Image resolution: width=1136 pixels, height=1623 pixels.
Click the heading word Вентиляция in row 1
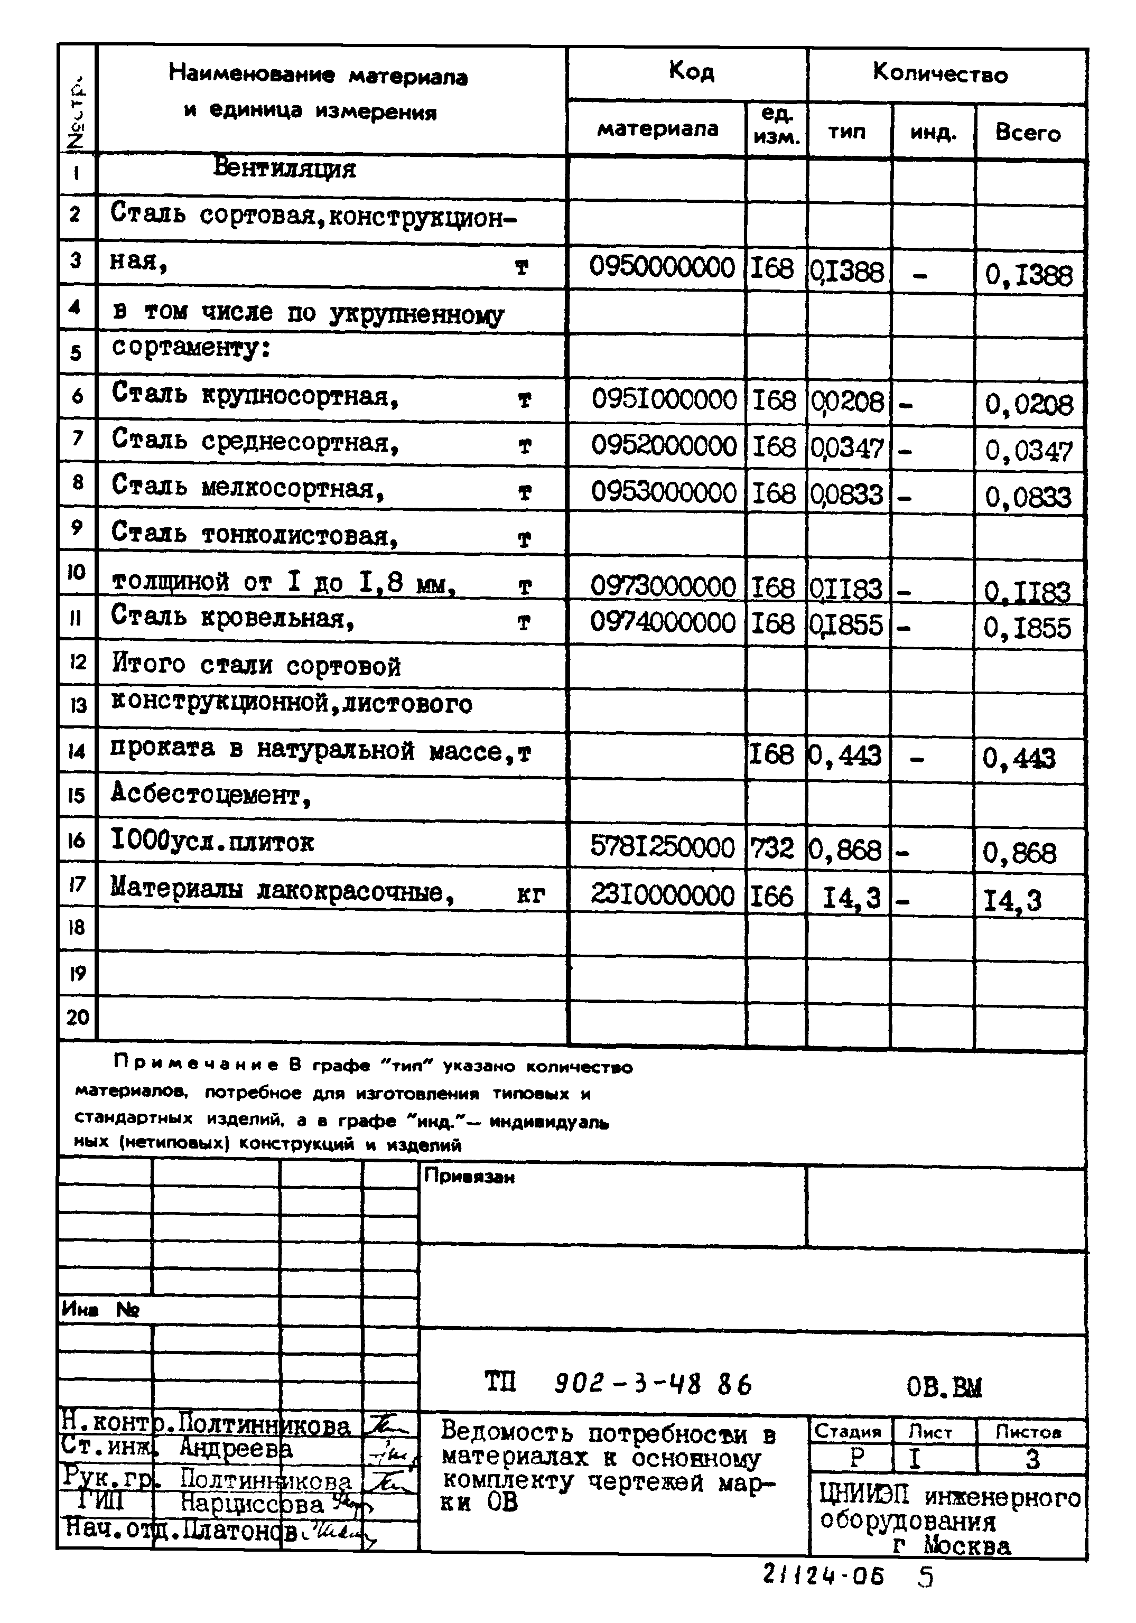click(x=284, y=169)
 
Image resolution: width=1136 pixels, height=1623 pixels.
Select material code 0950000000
click(x=663, y=268)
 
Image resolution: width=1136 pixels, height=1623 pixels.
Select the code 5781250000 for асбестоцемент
click(x=663, y=847)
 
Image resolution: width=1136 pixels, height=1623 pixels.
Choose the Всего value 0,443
click(x=1019, y=759)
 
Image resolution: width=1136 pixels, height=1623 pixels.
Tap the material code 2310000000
click(x=663, y=896)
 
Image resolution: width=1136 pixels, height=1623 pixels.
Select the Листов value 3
click(x=1031, y=1460)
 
